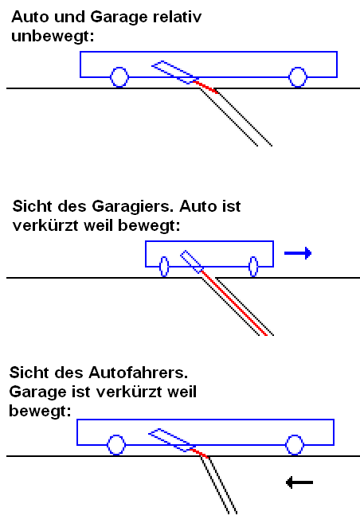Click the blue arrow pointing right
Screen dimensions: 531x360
[297, 254]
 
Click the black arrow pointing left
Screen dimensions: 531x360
[299, 482]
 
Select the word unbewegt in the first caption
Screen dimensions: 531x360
[48, 35]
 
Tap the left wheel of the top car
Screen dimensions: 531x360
[119, 76]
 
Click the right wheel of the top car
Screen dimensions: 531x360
[298, 76]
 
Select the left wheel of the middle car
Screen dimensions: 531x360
[164, 266]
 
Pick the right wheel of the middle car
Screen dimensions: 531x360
[253, 266]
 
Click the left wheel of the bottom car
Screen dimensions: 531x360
[116, 444]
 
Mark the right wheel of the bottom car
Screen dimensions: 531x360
[295, 444]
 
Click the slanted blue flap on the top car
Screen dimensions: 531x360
[173, 71]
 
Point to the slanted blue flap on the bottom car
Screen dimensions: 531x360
[170, 439]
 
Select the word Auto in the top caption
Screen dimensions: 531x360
[28, 15]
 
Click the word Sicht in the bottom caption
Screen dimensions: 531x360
[30, 372]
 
